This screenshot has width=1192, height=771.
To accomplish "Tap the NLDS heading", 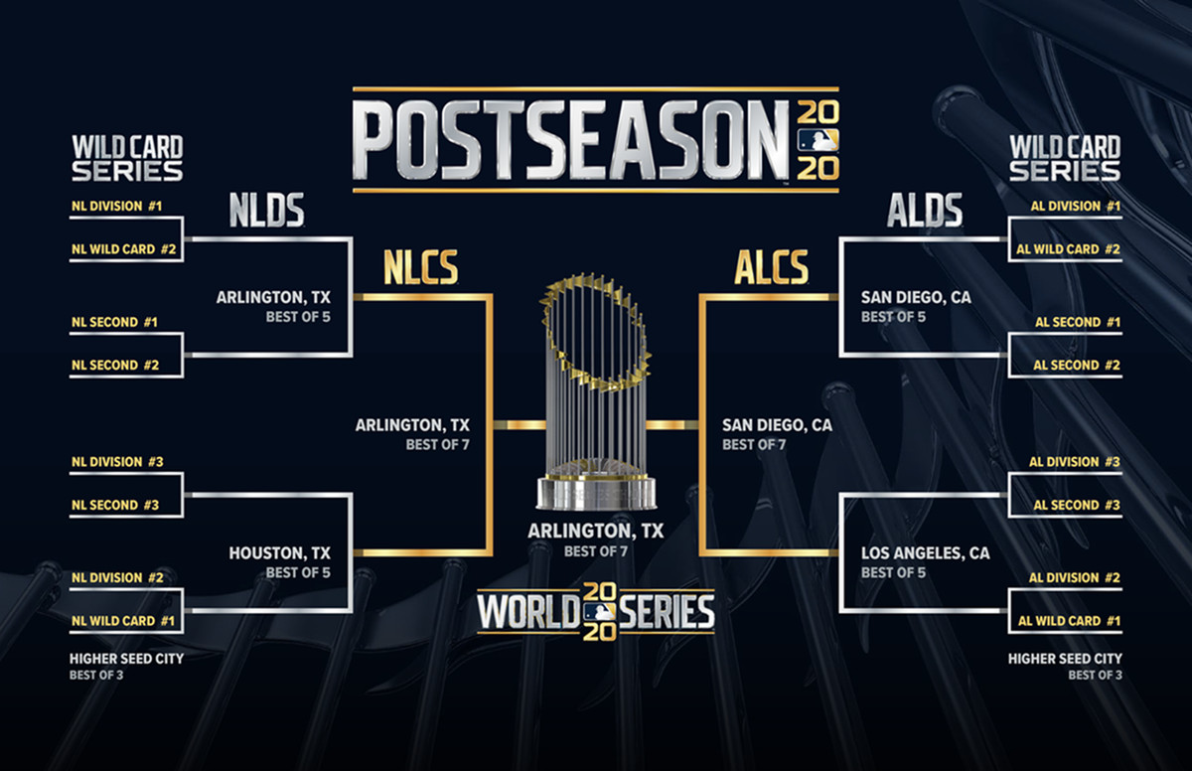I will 265,211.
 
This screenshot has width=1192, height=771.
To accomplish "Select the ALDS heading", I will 925,211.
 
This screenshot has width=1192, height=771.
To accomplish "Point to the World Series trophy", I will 596,387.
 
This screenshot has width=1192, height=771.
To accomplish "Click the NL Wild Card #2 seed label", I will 123,249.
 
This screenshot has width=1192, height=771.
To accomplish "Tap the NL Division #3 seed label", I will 116,462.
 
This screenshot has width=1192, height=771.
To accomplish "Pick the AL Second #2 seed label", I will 1076,366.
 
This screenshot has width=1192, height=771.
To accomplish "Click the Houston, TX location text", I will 279,553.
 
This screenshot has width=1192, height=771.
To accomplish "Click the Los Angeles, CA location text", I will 926,553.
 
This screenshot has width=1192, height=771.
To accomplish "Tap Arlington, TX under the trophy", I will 595,532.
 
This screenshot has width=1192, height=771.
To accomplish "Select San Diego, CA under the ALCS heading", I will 778,425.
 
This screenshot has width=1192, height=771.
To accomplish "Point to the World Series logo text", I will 596,612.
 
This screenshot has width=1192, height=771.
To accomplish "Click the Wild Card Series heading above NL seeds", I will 127,159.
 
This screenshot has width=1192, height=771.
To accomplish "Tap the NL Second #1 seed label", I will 115,323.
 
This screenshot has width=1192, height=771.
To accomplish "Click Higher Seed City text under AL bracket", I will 1065,658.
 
